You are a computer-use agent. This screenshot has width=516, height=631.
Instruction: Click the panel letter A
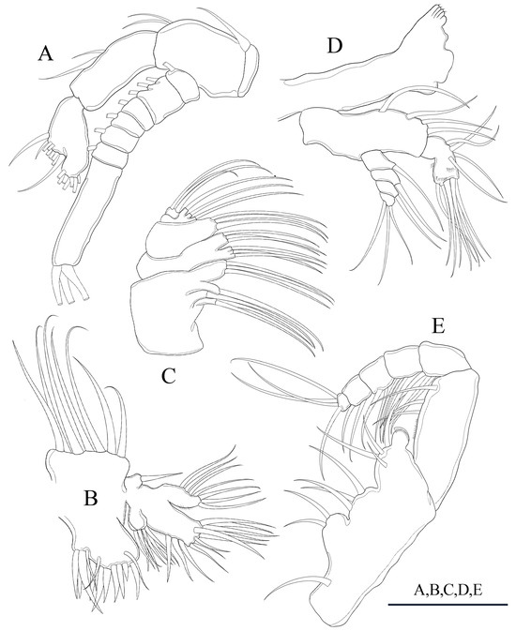pyautogui.click(x=45, y=53)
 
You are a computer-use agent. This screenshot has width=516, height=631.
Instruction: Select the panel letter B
pyautogui.click(x=91, y=498)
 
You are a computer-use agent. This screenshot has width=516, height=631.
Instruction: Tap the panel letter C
pyautogui.click(x=168, y=377)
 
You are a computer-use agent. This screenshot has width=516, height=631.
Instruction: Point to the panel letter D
pyautogui.click(x=335, y=46)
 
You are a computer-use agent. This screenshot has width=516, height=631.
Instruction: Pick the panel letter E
pyautogui.click(x=438, y=326)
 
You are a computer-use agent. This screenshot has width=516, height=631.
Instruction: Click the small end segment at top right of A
pyautogui.click(x=251, y=69)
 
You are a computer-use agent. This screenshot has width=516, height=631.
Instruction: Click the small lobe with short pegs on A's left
pyautogui.click(x=67, y=145)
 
